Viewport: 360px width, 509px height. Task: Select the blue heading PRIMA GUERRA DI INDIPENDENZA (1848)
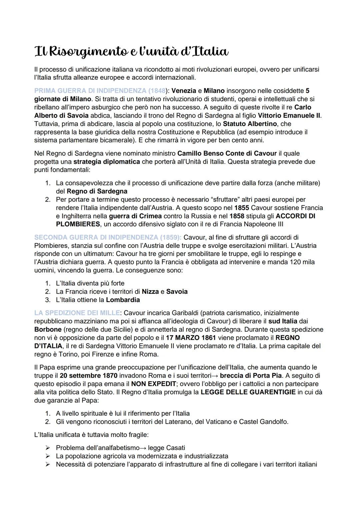pyautogui.click(x=100, y=91)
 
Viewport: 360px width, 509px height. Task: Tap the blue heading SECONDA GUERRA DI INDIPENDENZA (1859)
pyautogui.click(x=107, y=238)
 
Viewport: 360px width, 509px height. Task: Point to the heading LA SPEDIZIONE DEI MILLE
pyautogui.click(x=77, y=313)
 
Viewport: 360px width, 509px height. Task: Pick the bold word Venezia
pyautogui.click(x=184, y=91)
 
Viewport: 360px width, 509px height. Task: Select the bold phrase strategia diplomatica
pyautogui.click(x=107, y=162)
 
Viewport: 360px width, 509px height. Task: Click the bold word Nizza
pyautogui.click(x=150, y=292)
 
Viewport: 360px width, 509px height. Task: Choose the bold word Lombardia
pyautogui.click(x=123, y=300)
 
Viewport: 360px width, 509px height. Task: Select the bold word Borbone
pyautogui.click(x=48, y=329)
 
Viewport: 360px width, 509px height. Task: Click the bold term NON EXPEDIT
pyautogui.click(x=153, y=384)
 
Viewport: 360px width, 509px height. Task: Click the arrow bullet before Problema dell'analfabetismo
pyautogui.click(x=48, y=448)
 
